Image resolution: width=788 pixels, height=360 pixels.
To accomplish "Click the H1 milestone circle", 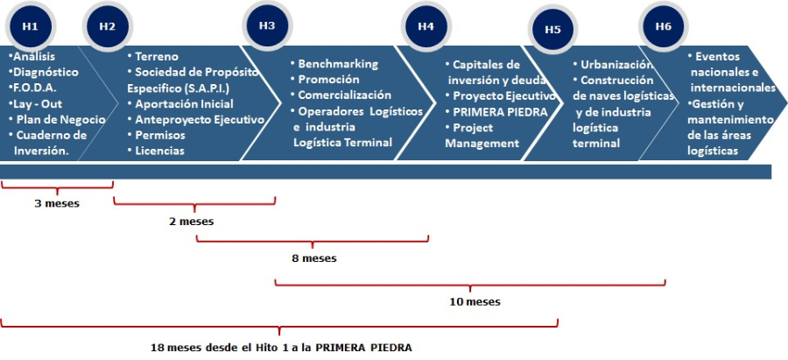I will (x=30, y=26).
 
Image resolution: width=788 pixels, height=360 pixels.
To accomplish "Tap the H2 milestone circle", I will (x=107, y=26).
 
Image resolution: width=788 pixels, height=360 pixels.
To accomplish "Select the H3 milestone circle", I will (x=267, y=25).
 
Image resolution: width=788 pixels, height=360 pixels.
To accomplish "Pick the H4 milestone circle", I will (x=426, y=26).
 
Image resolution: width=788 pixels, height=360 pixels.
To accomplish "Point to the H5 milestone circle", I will (x=552, y=29).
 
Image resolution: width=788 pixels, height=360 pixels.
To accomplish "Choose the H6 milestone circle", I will (x=663, y=26).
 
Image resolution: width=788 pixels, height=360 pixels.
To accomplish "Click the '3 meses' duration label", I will (x=57, y=204).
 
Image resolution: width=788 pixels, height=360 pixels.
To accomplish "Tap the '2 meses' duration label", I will (x=191, y=222).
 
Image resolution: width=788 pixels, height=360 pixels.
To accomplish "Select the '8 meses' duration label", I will (x=313, y=258).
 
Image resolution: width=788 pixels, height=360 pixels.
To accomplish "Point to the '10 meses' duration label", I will (x=475, y=301).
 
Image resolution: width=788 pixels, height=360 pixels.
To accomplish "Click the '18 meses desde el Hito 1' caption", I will (x=280, y=346).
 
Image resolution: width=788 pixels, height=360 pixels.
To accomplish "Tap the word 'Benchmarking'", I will (x=338, y=64).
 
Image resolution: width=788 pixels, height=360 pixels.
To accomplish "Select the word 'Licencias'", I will (x=159, y=151).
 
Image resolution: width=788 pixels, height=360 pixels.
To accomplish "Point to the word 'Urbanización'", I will (x=617, y=64).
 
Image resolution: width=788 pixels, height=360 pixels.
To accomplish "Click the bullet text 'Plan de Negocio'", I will (x=60, y=119).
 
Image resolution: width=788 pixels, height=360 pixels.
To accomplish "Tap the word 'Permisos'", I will (x=160, y=135).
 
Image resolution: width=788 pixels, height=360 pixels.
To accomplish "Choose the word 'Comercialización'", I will (x=345, y=95).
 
